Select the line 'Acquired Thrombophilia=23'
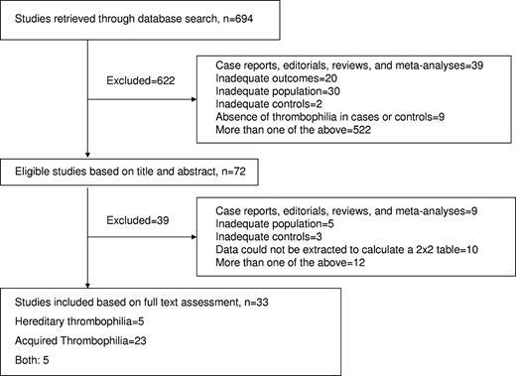[x=74, y=341]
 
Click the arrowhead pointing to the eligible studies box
[x=88, y=155]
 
